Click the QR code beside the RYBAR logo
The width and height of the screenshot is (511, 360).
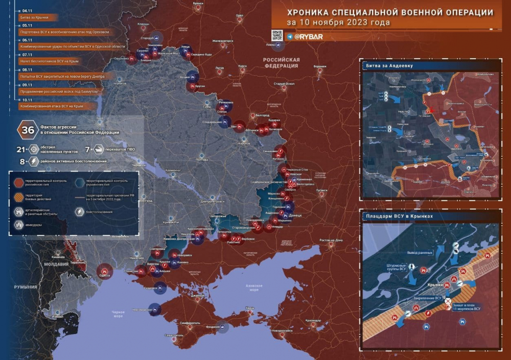276,36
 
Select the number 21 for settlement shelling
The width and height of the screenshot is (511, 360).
21,150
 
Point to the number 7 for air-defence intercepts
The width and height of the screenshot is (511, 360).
87,150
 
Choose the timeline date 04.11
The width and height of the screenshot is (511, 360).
28,10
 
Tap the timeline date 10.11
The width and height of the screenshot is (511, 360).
28,100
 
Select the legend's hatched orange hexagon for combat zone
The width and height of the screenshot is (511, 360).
18,196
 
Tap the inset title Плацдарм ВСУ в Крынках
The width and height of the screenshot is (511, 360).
399,216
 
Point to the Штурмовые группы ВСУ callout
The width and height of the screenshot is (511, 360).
396,268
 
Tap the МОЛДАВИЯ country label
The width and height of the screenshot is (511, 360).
57,264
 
